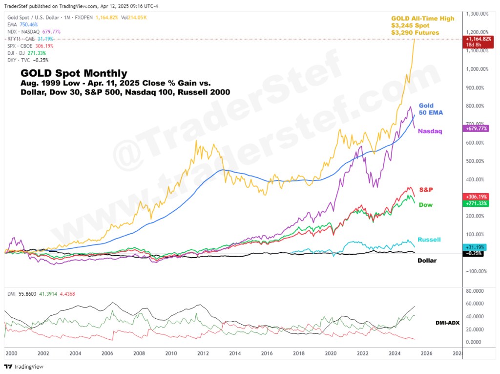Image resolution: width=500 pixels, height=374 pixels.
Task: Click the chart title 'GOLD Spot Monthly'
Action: click(73, 73)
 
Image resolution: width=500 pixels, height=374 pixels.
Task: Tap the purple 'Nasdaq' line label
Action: click(430, 131)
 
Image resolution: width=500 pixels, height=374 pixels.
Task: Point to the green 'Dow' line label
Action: click(426, 205)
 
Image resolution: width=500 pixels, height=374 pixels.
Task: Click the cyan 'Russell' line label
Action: click(429, 239)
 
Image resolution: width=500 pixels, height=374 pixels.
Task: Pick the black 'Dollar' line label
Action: click(427, 260)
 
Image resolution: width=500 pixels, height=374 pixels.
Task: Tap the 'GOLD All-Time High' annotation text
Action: click(422, 19)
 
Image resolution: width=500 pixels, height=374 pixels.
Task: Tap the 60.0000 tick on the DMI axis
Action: click(475, 304)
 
